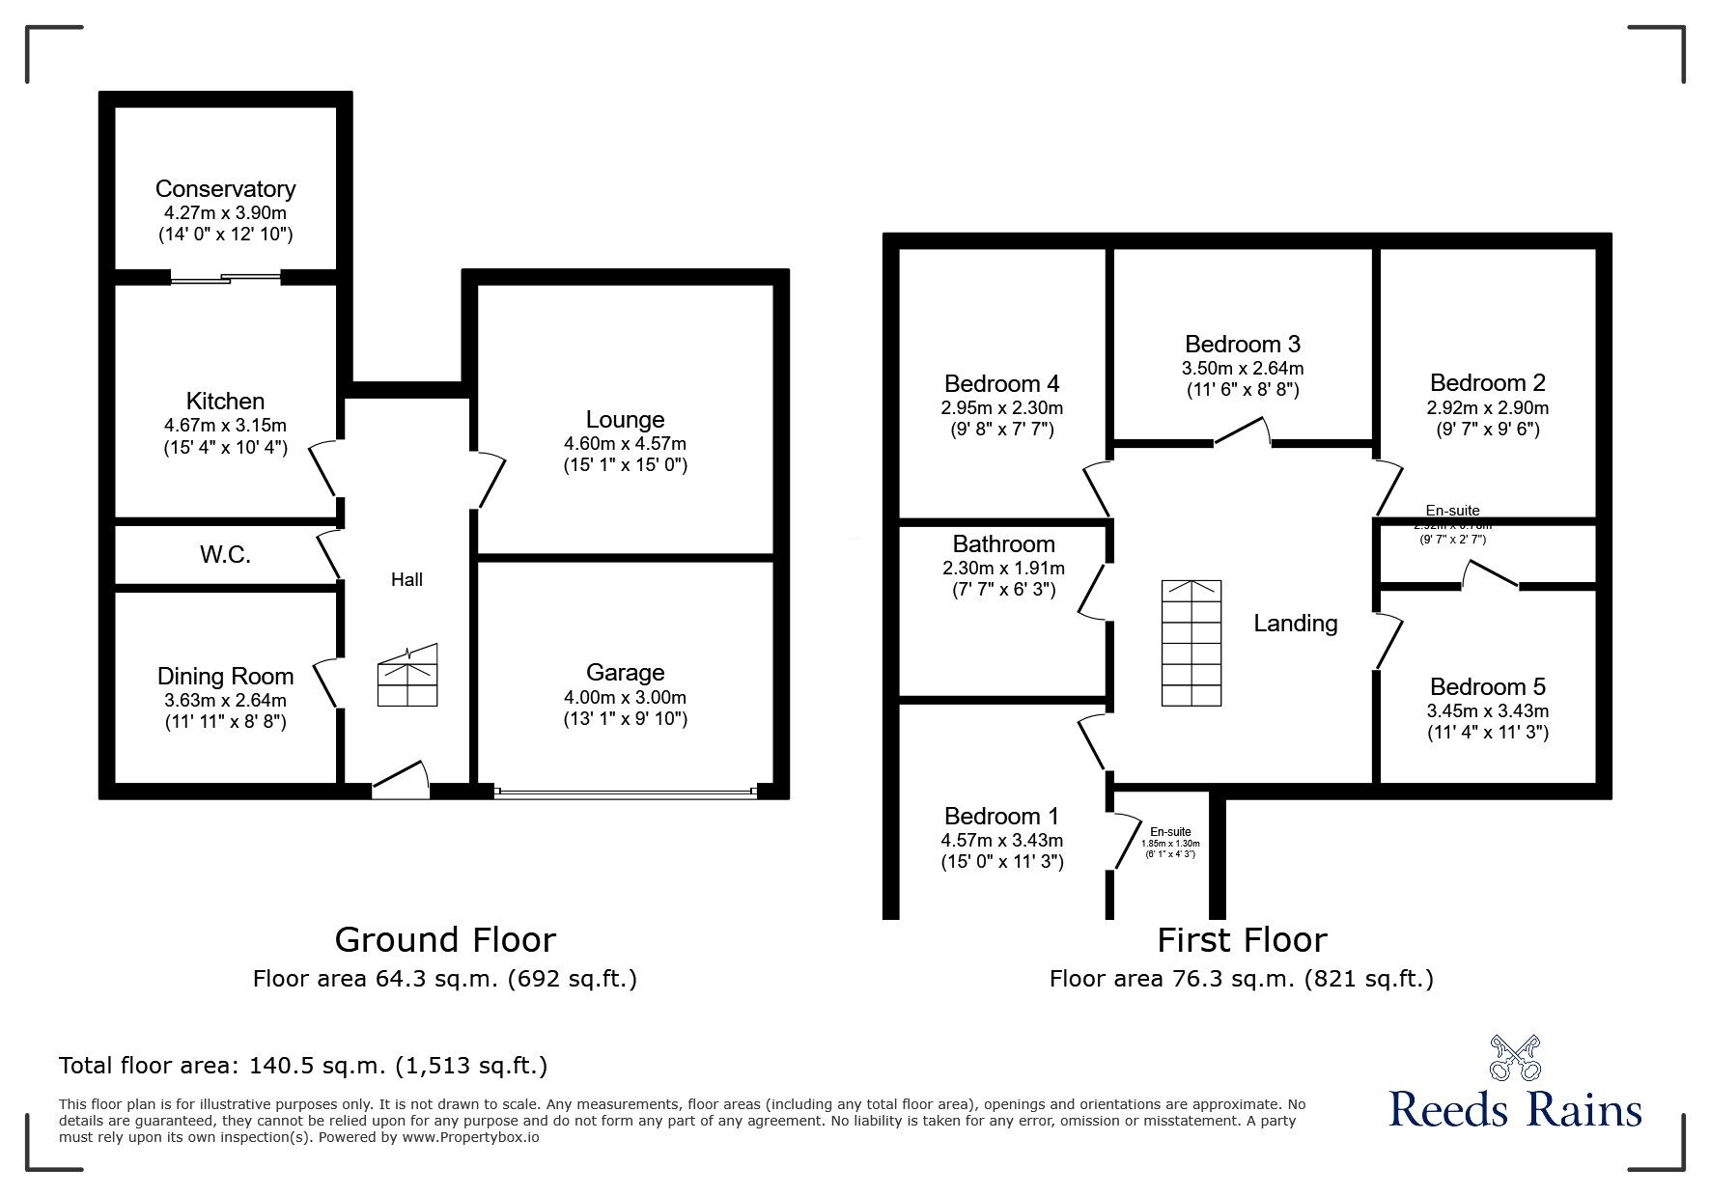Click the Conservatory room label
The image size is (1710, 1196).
(x=225, y=188)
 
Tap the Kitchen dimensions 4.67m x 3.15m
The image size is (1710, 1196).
(x=225, y=425)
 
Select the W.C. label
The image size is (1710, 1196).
(x=225, y=555)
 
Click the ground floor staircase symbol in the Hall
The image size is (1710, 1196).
(x=408, y=676)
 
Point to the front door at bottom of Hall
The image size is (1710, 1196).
(x=401, y=780)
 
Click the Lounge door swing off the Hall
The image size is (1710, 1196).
(x=491, y=480)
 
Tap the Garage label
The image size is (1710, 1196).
(x=625, y=673)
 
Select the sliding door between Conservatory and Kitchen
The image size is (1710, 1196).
(x=226, y=280)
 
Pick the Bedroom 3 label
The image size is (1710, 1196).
(x=1242, y=344)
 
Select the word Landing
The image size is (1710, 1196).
(x=1295, y=624)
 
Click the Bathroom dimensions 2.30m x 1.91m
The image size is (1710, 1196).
(x=1003, y=569)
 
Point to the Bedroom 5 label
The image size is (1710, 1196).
(x=1487, y=686)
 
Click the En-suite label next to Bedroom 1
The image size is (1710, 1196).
(x=1170, y=832)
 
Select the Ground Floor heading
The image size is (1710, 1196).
(x=445, y=939)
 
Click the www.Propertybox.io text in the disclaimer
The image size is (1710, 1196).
(x=471, y=1137)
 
